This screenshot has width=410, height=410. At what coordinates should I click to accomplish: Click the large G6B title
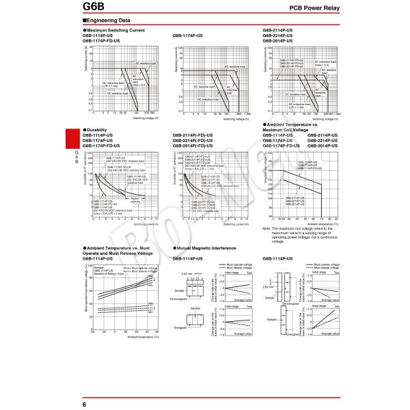coord(96,8)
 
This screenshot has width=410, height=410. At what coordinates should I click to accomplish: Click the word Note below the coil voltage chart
coord(266,228)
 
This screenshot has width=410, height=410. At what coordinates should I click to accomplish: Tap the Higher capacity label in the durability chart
coord(135,200)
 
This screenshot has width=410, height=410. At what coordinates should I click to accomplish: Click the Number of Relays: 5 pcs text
coord(109,273)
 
